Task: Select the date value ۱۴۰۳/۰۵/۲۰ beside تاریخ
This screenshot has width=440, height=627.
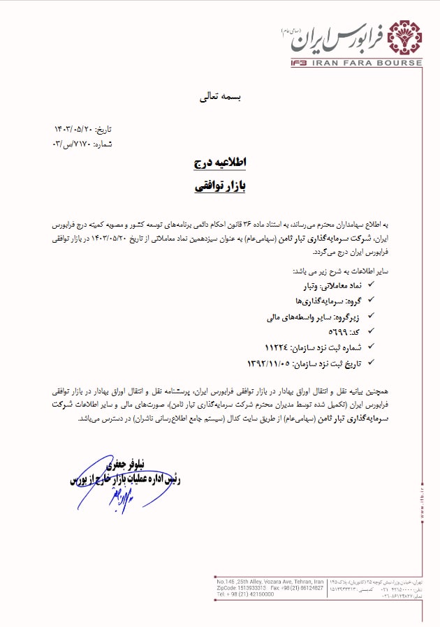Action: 73,130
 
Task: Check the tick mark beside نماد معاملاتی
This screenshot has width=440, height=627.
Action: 370,286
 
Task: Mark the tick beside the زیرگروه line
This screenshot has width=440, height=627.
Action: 370,317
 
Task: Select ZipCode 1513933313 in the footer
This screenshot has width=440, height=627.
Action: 251,588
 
